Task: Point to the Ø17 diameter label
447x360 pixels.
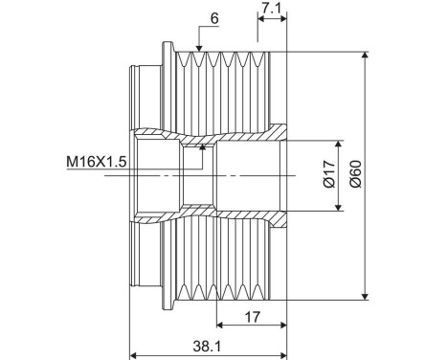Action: pyautogui.click(x=327, y=174)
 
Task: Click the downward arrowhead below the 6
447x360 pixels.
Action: pyautogui.click(x=197, y=47)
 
